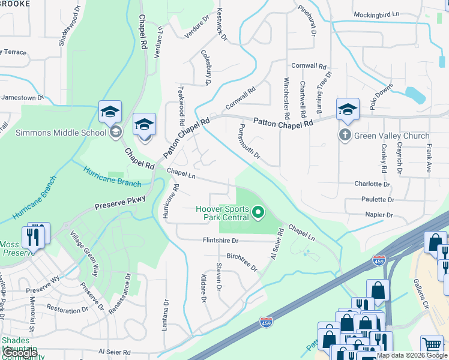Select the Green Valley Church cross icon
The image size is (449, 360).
[345, 135]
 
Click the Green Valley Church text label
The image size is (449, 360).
[392, 136]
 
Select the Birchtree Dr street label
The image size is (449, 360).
[242, 262]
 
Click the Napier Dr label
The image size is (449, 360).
[378, 214]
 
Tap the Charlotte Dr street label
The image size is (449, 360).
[372, 184]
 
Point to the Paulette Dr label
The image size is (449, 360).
[378, 199]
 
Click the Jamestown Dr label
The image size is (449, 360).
[23, 97]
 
